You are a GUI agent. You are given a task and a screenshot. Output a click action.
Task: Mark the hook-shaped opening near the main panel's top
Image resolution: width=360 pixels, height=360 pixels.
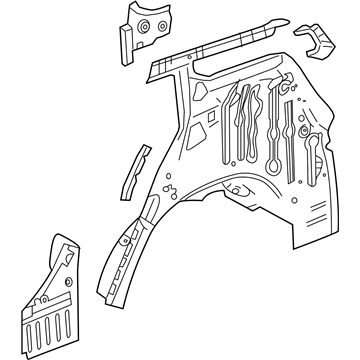(x=284, y=90)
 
